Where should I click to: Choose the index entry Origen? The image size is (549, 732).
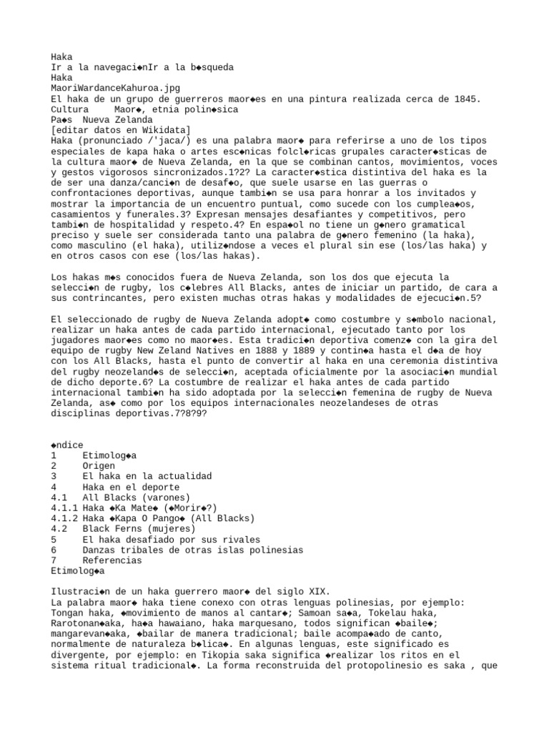pos(99,465)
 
